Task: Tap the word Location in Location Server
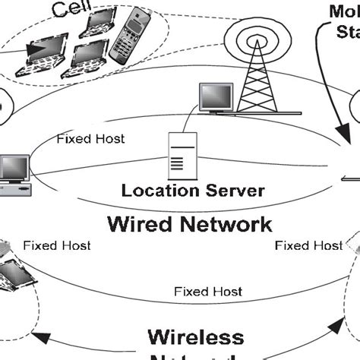click(156, 190)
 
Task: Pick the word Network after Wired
click(227, 225)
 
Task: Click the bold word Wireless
click(195, 337)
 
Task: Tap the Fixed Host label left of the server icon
click(90, 140)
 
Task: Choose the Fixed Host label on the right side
click(308, 245)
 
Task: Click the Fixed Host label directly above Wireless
click(207, 291)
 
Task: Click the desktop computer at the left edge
click(13, 175)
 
